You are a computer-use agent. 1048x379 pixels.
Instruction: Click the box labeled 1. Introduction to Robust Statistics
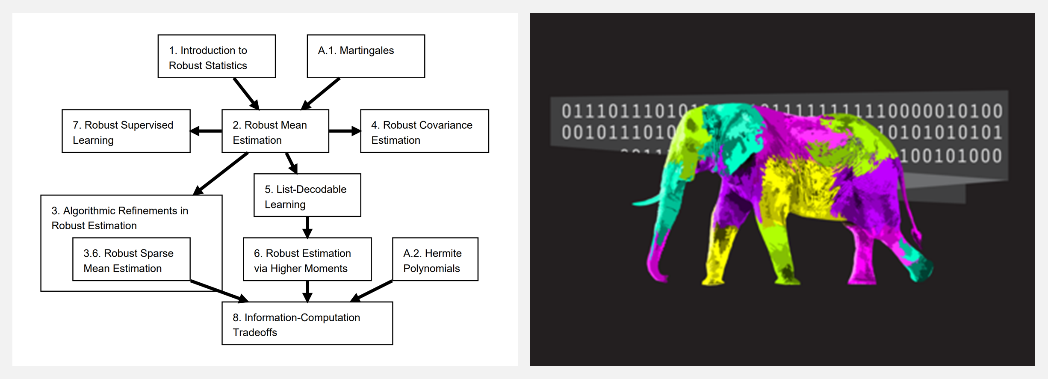(x=216, y=56)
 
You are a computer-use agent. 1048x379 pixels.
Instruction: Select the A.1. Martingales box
(x=366, y=56)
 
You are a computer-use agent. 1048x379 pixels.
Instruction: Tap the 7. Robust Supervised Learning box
(x=126, y=131)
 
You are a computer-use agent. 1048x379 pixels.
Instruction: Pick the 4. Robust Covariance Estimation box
(x=424, y=131)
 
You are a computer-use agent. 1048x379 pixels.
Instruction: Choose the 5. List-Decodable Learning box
(x=307, y=195)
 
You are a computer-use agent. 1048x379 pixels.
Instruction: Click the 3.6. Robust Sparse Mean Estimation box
(x=131, y=259)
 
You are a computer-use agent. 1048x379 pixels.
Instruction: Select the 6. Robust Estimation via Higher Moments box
(x=307, y=259)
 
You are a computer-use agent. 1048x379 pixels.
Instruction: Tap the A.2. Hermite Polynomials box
(x=435, y=259)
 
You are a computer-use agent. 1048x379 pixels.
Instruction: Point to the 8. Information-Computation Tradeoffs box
(x=307, y=323)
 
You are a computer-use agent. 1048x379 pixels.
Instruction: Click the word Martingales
(x=366, y=50)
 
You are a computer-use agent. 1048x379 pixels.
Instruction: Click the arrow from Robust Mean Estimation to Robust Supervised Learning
(x=206, y=131)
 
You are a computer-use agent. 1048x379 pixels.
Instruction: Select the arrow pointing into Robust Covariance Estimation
(x=345, y=131)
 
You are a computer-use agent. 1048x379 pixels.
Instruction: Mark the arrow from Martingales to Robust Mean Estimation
(x=321, y=94)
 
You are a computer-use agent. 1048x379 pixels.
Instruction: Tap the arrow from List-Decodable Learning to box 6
(x=307, y=227)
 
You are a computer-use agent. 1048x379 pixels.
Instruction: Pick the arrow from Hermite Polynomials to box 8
(x=371, y=291)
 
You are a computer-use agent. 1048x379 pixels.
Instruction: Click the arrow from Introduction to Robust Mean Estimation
(x=246, y=94)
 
